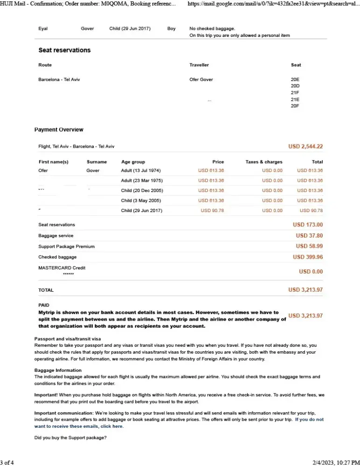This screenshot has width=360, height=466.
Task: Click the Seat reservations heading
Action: click(x=64, y=50)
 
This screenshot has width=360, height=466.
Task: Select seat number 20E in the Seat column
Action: click(x=295, y=80)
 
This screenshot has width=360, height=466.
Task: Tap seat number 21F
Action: click(x=295, y=93)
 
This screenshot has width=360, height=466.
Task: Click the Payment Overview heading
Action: click(x=59, y=130)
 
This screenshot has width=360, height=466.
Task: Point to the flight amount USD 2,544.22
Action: click(x=305, y=146)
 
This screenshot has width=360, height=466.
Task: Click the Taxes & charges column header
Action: click(x=263, y=162)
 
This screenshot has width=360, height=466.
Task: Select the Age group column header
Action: click(x=133, y=162)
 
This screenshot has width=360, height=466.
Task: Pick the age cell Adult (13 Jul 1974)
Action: click(x=141, y=171)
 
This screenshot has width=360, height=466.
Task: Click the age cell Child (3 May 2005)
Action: click(x=141, y=200)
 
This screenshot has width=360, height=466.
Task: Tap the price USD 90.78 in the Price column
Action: click(x=212, y=211)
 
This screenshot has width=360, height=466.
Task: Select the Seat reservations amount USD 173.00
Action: click(x=308, y=225)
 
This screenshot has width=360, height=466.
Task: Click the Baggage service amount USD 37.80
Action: click(x=309, y=236)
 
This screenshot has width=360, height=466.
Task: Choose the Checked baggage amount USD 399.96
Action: click(x=308, y=257)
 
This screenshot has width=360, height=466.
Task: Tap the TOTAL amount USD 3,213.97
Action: click(x=305, y=290)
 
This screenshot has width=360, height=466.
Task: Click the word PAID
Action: click(x=44, y=305)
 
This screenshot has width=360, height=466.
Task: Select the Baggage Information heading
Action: click(x=58, y=370)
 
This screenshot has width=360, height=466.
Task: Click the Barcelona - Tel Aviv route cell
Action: click(x=59, y=80)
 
